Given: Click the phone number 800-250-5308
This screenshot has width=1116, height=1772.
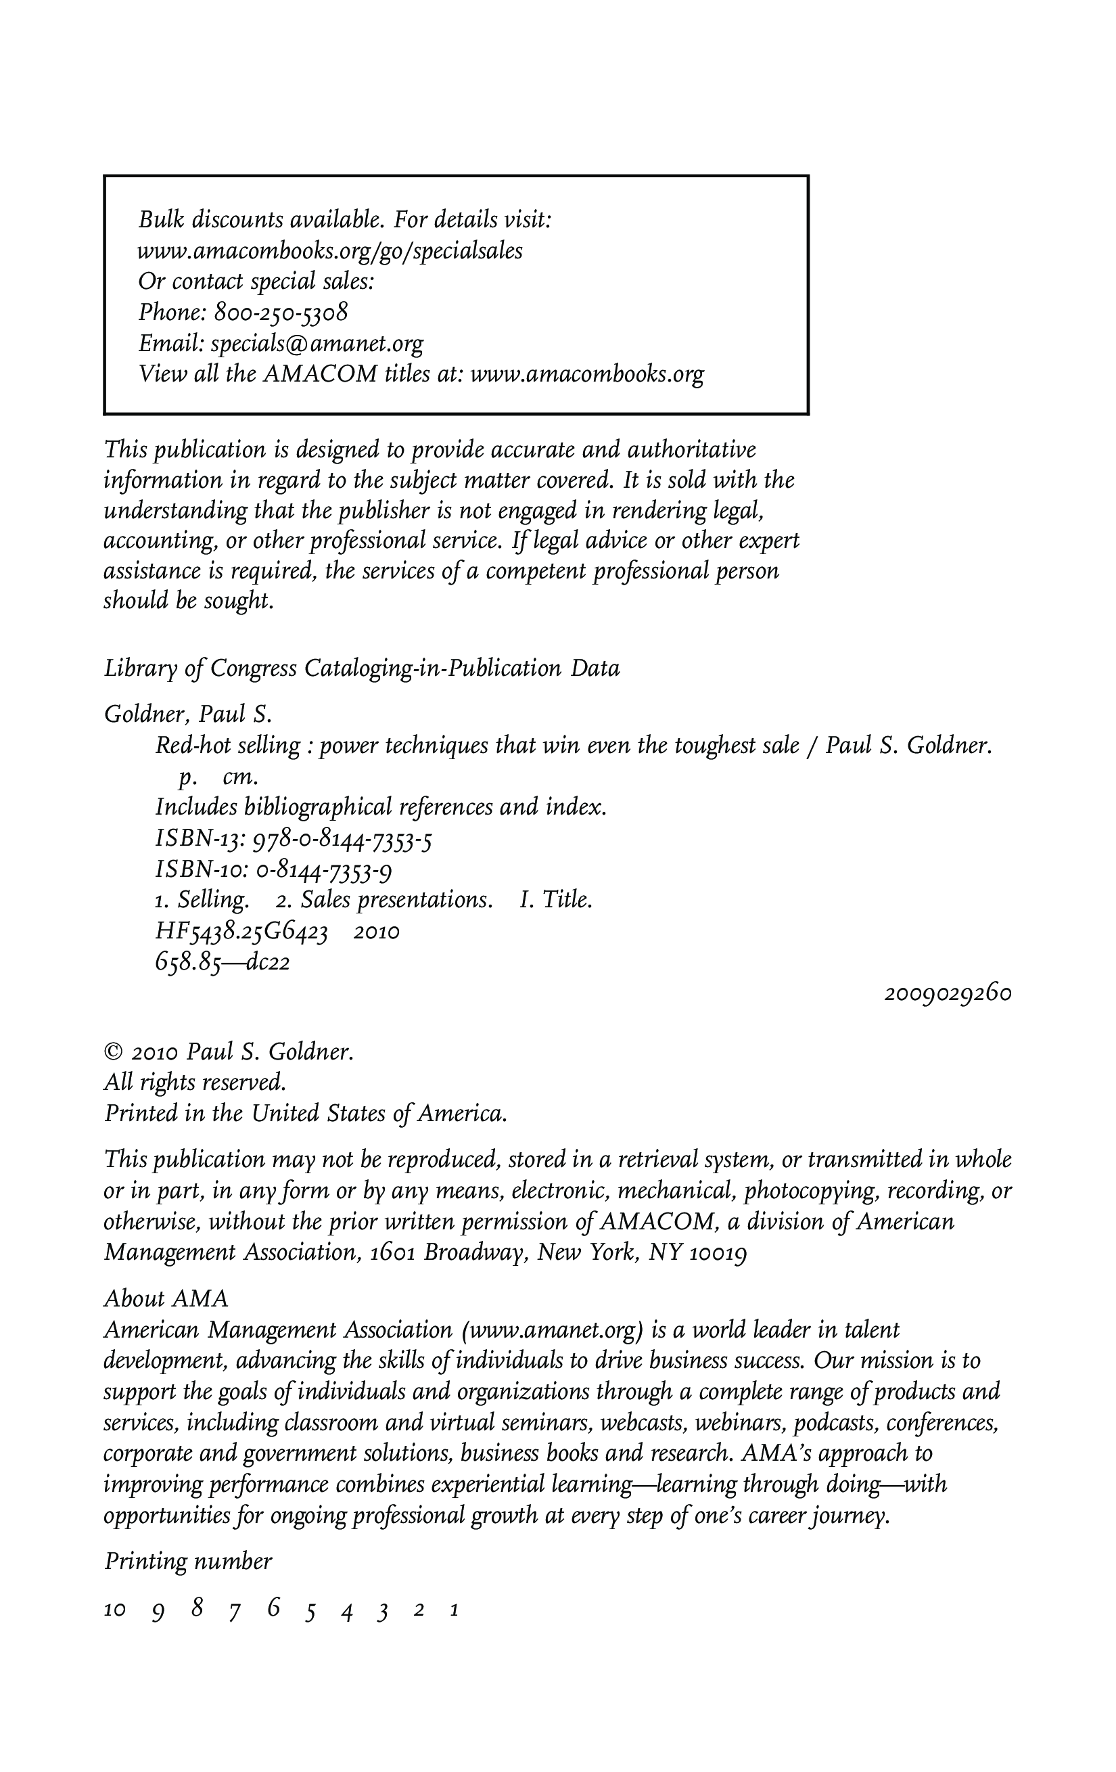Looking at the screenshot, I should pos(280,313).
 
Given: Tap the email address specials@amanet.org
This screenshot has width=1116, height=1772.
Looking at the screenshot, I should pos(317,344).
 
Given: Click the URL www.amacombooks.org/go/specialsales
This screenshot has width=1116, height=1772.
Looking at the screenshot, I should pos(329,251).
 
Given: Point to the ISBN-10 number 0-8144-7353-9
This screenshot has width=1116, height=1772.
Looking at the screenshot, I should pos(324,871).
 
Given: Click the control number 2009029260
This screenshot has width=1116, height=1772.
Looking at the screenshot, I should pos(948,993).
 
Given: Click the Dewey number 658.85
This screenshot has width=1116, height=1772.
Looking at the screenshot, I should pos(187,963).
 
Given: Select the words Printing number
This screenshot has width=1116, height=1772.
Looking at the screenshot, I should pos(187,1561).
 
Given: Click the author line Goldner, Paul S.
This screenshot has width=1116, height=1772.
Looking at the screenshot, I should pos(188,714).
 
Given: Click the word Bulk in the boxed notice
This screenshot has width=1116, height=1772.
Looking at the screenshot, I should pos(160,219).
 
